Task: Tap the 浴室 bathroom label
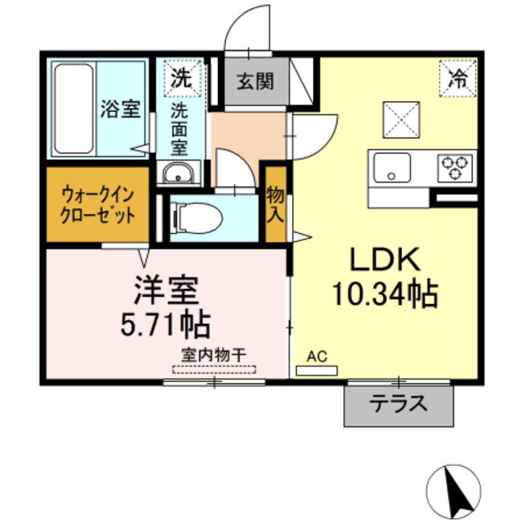pyautogui.click(x=121, y=109)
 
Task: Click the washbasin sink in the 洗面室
pyautogui.click(x=178, y=173)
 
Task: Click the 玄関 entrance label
pyautogui.click(x=255, y=81)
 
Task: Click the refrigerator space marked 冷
pyautogui.click(x=458, y=79)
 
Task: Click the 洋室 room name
pyautogui.click(x=167, y=290)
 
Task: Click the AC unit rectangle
pyautogui.click(x=317, y=370)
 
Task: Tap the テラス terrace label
pyautogui.click(x=398, y=404)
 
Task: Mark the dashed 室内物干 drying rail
pyautogui.click(x=214, y=370)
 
